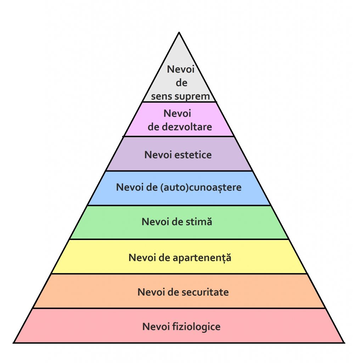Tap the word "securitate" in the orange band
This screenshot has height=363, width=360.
tap(206, 292)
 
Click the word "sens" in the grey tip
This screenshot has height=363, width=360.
tap(162, 96)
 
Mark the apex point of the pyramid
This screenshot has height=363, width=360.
tap(179, 33)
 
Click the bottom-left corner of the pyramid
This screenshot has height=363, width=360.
tap(14, 342)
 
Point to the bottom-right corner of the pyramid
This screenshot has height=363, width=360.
tap(344, 342)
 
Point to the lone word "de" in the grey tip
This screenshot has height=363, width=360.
tap(181, 83)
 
